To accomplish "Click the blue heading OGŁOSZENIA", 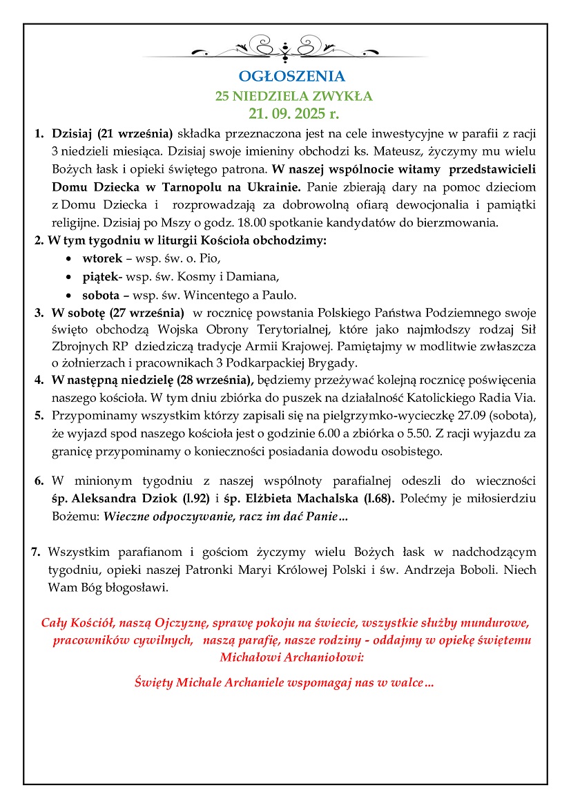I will (285, 77).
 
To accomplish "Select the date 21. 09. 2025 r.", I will (284, 113).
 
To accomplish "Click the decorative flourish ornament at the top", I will (284, 50).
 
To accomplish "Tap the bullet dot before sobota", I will (67, 296).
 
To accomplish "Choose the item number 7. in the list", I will (36, 552).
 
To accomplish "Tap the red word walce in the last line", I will (408, 683).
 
